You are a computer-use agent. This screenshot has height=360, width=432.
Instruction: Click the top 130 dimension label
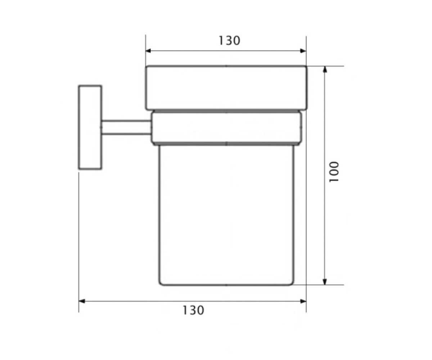click(229, 41)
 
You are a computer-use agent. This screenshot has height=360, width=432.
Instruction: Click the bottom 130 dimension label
click(193, 311)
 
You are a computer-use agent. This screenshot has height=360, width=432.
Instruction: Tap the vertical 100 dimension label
click(334, 172)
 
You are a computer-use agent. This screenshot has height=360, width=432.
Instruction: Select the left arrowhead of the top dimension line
click(148, 51)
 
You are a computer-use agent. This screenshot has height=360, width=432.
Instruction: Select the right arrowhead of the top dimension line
click(303, 51)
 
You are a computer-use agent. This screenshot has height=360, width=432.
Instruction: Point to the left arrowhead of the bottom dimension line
click(81, 301)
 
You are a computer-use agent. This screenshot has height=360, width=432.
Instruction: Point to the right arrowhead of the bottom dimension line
click(303, 301)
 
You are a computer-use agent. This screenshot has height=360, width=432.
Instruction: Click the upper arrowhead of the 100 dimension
click(325, 69)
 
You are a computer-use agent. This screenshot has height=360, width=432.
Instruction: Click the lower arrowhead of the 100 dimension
click(325, 282)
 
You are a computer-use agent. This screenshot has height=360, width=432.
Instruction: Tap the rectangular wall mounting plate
click(90, 127)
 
